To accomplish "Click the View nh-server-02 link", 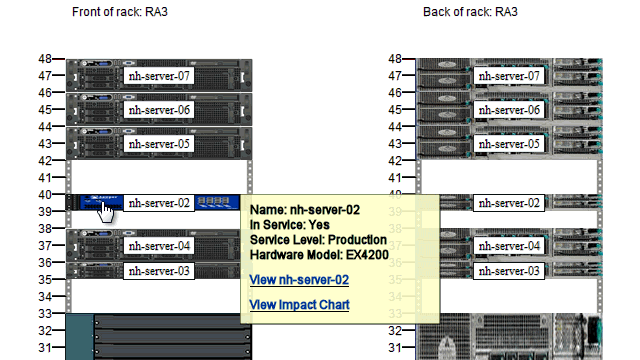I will (x=299, y=280).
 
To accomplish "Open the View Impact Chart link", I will (x=299, y=304).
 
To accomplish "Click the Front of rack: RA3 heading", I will (x=121, y=12).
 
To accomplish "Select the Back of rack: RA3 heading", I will (x=471, y=12).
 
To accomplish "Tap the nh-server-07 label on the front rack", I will (x=159, y=76).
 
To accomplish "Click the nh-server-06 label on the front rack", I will (x=159, y=110).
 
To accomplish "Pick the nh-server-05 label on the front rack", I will (x=159, y=144).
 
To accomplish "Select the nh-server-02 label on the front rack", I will (x=159, y=203).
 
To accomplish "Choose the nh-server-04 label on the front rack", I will (x=159, y=246).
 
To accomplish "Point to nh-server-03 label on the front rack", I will (x=159, y=271).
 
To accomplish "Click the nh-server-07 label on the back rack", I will (x=509, y=76).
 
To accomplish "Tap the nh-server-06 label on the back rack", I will (x=509, y=110).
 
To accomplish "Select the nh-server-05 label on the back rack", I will (x=509, y=144).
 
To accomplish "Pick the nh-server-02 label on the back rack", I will (x=509, y=203).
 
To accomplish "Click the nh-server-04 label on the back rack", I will (x=509, y=246).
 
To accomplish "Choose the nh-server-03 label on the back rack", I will (x=509, y=271).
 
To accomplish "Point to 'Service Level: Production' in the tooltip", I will (x=318, y=240).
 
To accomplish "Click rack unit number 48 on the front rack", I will (x=44, y=59).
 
